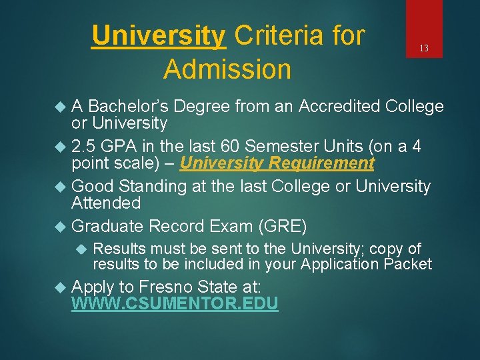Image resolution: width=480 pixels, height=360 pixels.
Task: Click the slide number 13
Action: (423, 48)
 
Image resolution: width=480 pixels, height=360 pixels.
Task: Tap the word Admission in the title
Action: (227, 69)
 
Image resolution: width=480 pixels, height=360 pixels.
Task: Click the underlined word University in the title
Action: (159, 35)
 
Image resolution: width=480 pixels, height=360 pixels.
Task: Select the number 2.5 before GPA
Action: (85, 147)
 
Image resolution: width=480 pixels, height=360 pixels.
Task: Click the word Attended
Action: (106, 203)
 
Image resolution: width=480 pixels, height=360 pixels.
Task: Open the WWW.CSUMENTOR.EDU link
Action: (175, 304)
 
